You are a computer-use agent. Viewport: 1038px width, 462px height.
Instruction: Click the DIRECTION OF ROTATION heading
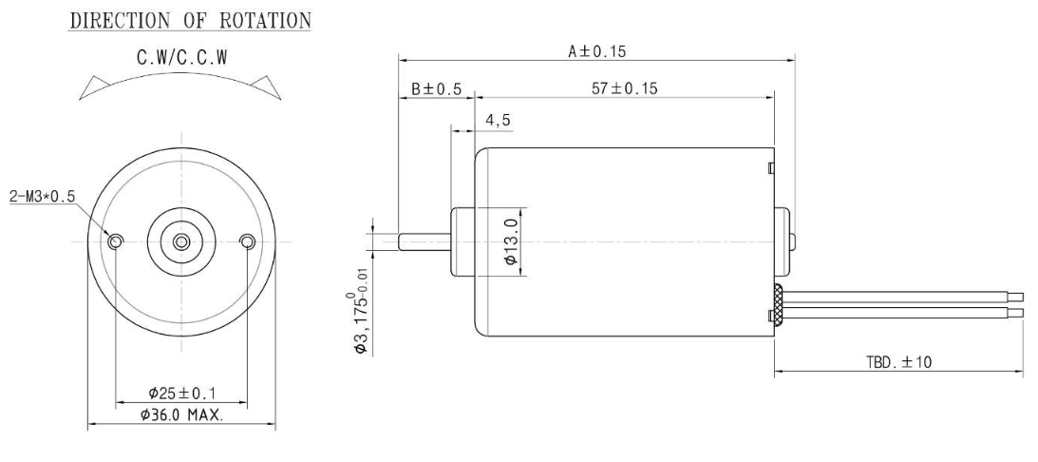point(190,21)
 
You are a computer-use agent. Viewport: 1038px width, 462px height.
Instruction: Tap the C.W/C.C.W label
point(182,58)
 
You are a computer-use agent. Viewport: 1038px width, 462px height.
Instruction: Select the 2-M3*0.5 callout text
point(43,197)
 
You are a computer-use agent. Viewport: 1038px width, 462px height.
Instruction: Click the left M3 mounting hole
point(116,241)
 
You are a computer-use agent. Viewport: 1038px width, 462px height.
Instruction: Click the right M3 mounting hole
point(247,241)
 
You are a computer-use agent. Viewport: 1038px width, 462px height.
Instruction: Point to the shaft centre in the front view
point(180,241)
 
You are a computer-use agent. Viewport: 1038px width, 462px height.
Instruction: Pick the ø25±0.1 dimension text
point(182,394)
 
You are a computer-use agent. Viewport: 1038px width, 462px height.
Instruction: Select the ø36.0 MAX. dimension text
point(181,415)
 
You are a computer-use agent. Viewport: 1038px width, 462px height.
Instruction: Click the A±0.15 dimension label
point(596,51)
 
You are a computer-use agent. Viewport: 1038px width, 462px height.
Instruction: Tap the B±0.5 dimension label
point(436,88)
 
